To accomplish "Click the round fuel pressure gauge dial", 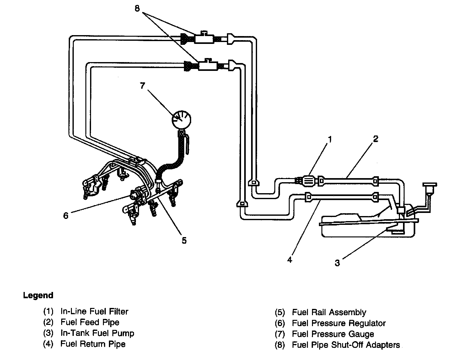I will click(x=181, y=119).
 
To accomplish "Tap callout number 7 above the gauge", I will click(x=142, y=86).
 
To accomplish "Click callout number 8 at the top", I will click(x=137, y=8).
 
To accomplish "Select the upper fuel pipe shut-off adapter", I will click(x=204, y=39).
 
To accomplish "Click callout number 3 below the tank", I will click(x=337, y=263).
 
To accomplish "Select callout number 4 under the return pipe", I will click(x=290, y=260).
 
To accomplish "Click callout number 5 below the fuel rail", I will click(x=184, y=240).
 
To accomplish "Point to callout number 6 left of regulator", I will click(x=66, y=216).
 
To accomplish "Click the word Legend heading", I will click(x=38, y=295).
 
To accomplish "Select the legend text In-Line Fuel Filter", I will click(x=94, y=311).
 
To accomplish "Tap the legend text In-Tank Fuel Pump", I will click(x=97, y=333).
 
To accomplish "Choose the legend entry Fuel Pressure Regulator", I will click(x=338, y=323).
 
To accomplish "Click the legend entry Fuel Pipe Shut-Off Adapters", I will click(x=346, y=345).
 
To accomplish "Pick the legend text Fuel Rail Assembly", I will click(x=329, y=312).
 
